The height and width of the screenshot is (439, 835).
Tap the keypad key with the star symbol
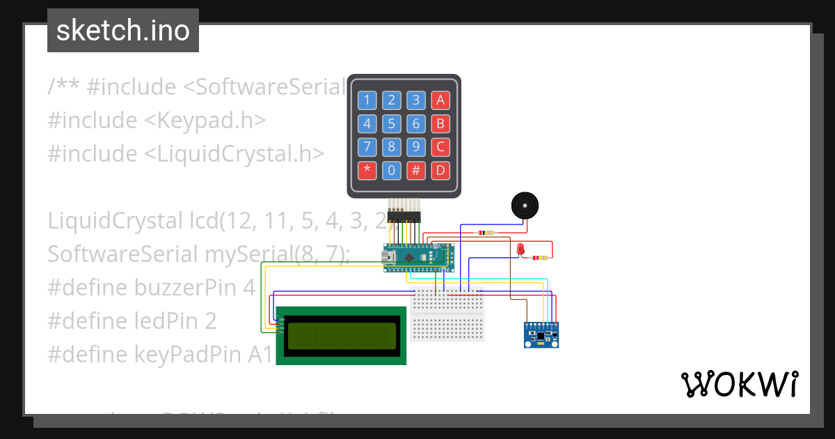point(367,170)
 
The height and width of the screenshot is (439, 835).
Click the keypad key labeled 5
point(392,124)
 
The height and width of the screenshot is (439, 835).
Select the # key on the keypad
point(415,170)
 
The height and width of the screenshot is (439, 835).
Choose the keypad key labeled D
point(440,170)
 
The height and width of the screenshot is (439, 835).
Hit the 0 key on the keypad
point(392,170)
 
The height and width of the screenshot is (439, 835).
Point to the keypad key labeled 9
point(415,147)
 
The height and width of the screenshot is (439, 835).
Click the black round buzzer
point(525,206)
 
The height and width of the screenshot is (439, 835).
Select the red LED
point(520,249)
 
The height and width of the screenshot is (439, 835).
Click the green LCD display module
point(341,335)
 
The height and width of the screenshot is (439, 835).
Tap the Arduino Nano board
point(418,257)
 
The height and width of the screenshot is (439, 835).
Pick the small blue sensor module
point(541,334)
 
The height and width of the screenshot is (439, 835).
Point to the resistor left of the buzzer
point(483,233)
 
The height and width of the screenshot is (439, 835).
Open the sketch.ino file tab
point(123,31)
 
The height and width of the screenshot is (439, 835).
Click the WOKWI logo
point(739,384)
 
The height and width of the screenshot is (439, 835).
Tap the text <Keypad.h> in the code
point(205,121)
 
